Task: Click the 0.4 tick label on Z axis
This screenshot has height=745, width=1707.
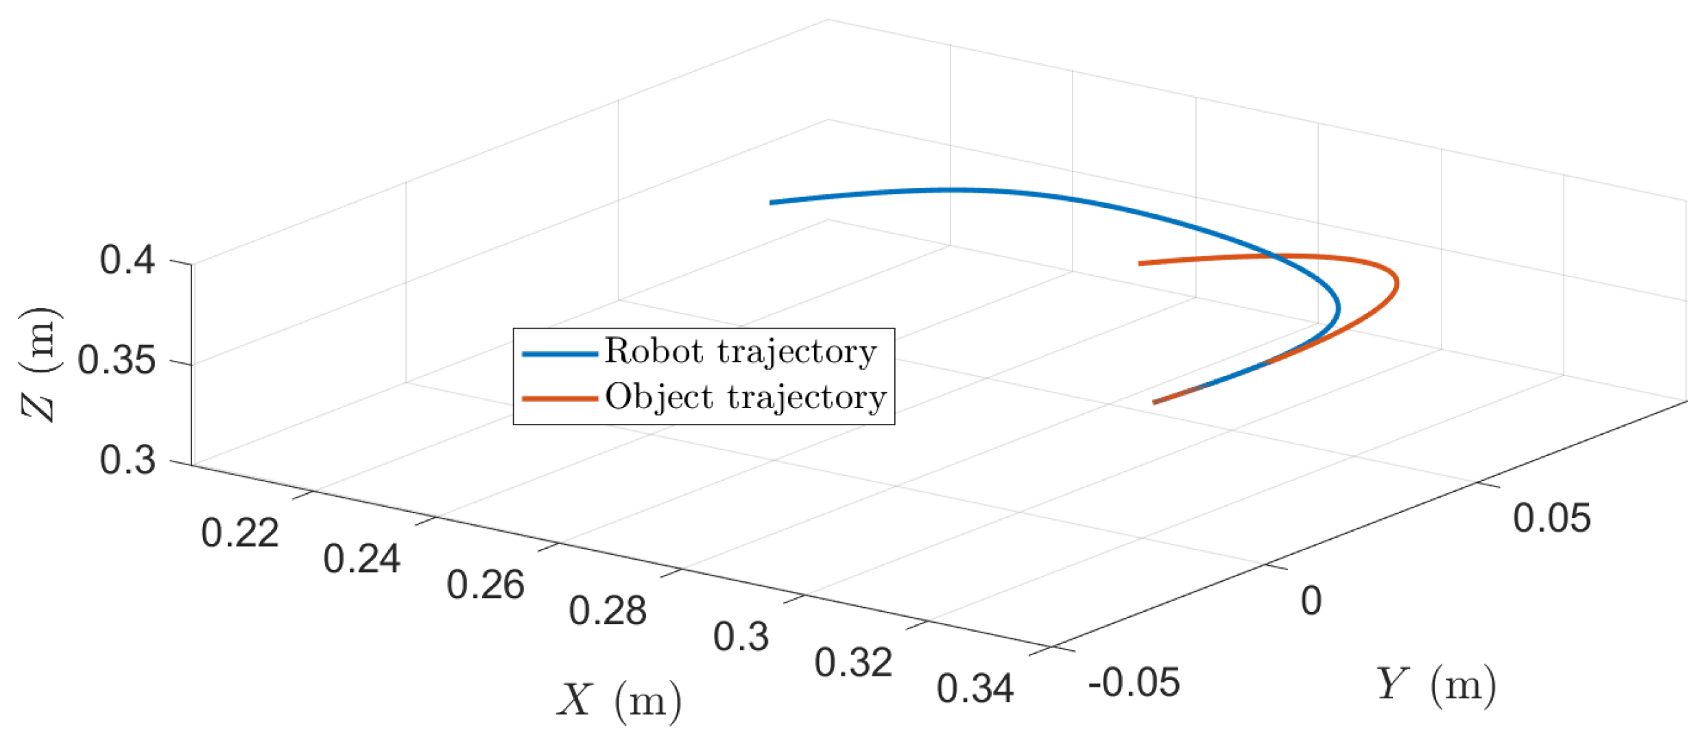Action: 128,261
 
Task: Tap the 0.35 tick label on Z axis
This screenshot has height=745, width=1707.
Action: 117,361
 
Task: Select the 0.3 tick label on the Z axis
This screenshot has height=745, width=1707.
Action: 128,460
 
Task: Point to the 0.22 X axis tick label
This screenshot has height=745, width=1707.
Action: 240,533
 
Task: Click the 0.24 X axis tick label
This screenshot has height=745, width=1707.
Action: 361,559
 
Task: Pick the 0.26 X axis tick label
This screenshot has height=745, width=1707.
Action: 485,585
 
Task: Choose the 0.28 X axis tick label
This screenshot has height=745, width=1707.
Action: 607,611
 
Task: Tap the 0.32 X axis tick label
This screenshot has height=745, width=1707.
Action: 853,663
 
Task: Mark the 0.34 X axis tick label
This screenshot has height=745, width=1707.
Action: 975,689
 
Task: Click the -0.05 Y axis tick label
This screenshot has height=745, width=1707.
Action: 1134,683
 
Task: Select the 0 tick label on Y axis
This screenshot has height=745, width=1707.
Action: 1311,601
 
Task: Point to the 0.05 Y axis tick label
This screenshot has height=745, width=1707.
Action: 1551,519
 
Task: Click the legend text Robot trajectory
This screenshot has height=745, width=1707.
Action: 741,352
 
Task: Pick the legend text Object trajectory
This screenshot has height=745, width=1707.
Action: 745,397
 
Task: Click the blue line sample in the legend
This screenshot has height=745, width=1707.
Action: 559,354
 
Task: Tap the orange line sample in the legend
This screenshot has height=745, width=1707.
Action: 559,399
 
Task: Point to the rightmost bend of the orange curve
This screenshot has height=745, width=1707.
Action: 1396,283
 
